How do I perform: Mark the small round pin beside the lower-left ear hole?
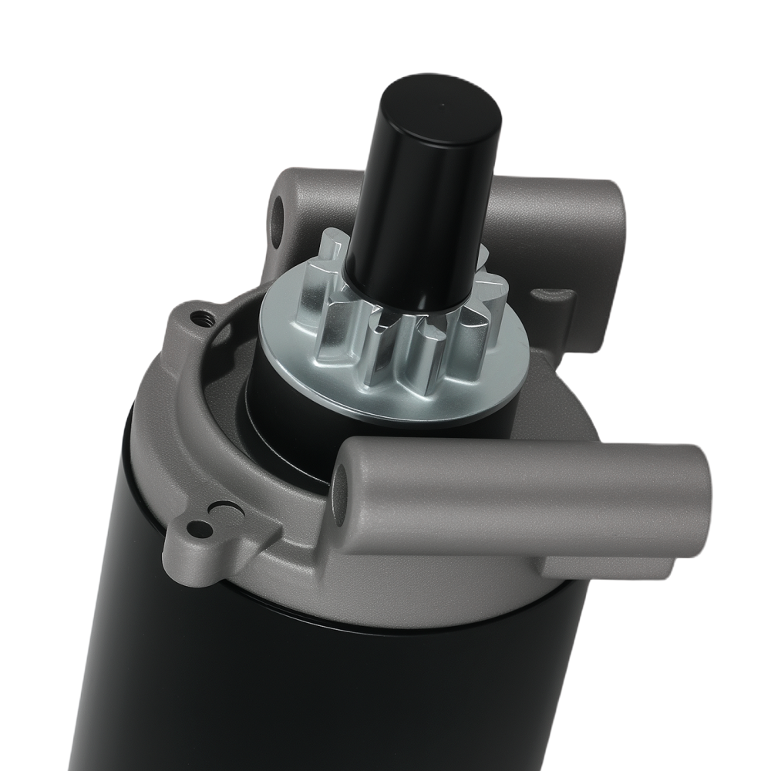[x=226, y=510]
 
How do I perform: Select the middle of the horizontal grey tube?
[x=524, y=490]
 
